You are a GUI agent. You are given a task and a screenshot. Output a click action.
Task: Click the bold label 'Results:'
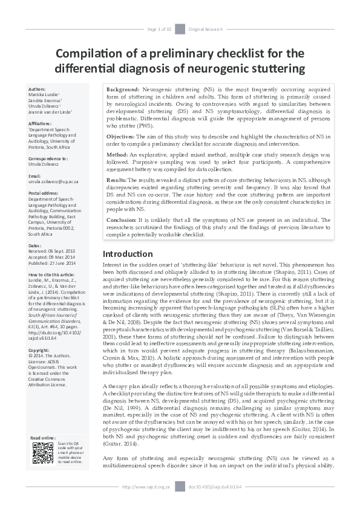[x=117, y=180]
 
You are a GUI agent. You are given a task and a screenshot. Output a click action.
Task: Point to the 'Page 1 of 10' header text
[x=160, y=29]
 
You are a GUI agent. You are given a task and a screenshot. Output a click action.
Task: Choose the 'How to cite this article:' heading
[x=56, y=275]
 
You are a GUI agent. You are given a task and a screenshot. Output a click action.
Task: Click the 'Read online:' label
[x=43, y=437]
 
